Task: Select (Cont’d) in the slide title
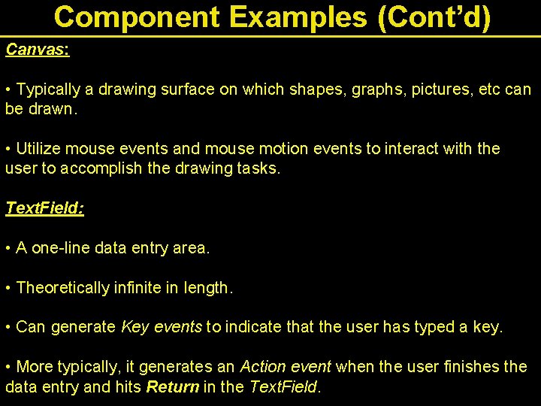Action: point(434,17)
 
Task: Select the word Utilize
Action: point(40,149)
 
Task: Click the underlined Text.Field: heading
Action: point(44,208)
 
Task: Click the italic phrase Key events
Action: point(161,327)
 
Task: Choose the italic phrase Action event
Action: point(285,367)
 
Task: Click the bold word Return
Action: point(173,387)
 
